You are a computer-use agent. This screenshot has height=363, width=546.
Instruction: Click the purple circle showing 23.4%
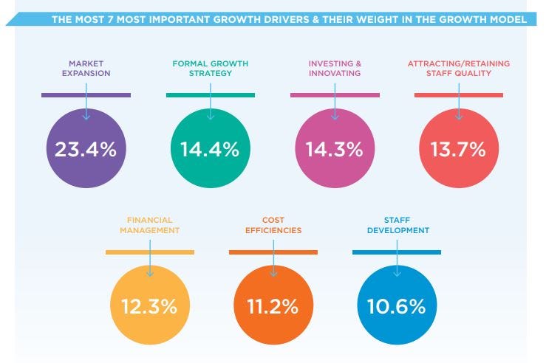pyautogui.click(x=86, y=149)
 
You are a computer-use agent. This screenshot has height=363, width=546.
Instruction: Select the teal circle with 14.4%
pyautogui.click(x=210, y=149)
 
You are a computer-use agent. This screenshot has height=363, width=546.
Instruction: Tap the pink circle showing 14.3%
pyautogui.click(x=334, y=149)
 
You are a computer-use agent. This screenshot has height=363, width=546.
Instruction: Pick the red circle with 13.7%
pyautogui.click(x=458, y=149)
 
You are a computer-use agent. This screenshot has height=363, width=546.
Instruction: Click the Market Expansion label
pyautogui.click(x=86, y=69)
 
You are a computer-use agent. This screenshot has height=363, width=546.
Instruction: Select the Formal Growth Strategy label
pyautogui.click(x=210, y=69)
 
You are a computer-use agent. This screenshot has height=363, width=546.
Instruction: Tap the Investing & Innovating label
pyautogui.click(x=334, y=69)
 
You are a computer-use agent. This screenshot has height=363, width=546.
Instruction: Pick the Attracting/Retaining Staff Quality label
pyautogui.click(x=458, y=69)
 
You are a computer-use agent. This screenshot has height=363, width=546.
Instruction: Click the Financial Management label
pyautogui.click(x=149, y=225)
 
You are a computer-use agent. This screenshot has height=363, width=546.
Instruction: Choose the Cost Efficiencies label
pyautogui.click(x=273, y=225)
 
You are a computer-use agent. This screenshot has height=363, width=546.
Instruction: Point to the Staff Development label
pyautogui.click(x=396, y=225)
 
